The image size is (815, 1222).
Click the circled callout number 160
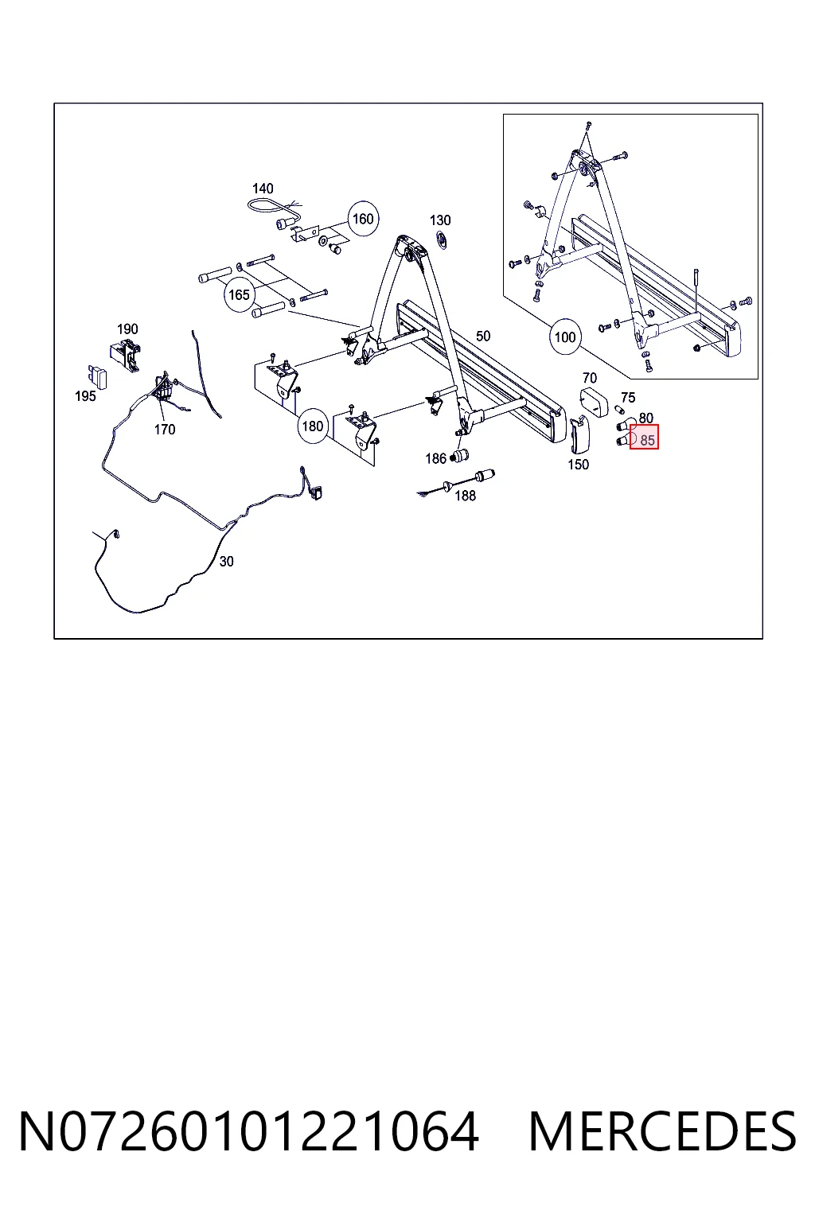tap(363, 219)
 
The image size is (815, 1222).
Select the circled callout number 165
tap(239, 295)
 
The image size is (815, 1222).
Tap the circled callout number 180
tap(313, 426)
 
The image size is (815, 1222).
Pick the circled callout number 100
tap(565, 337)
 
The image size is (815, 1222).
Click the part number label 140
tap(263, 189)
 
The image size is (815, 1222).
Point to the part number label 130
tap(440, 220)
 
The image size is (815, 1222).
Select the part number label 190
tap(127, 329)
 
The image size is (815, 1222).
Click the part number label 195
tap(85, 396)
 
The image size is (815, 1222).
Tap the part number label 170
tap(164, 430)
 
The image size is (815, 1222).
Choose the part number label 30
tap(226, 562)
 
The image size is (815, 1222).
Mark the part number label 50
tap(483, 336)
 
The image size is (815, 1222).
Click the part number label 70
tap(590, 378)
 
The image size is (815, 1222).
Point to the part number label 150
tap(578, 465)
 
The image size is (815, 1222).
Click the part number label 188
tap(465, 496)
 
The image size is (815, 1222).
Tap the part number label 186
tap(435, 459)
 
